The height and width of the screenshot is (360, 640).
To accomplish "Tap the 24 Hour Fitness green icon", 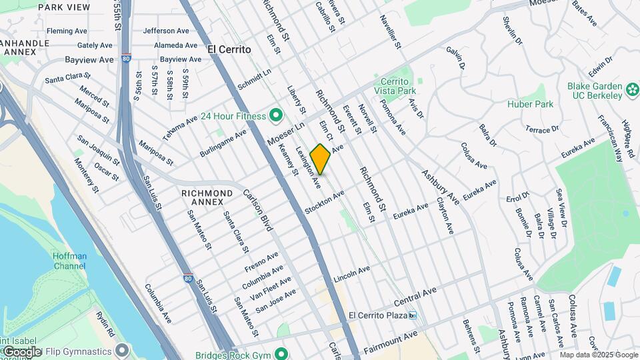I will [x=274, y=116].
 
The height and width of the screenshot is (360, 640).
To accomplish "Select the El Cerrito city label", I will [x=229, y=49].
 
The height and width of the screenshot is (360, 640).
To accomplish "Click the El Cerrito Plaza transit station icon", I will [x=413, y=315].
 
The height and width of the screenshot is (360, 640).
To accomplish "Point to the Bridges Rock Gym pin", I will [x=281, y=354].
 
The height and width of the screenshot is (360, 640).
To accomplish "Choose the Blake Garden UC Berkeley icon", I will [x=632, y=87].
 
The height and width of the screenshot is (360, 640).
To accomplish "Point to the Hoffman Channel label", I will [x=70, y=261].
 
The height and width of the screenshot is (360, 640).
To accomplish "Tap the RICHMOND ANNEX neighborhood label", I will [x=207, y=198].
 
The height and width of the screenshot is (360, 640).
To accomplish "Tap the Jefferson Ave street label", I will [x=166, y=31].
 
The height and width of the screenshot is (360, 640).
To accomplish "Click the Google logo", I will [x=22, y=351].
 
